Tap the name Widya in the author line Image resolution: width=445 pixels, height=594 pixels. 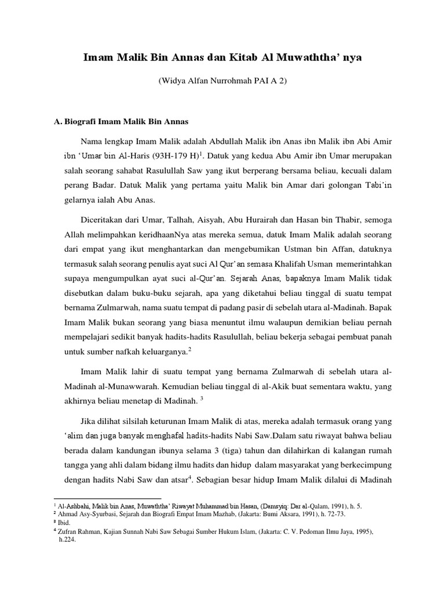pos(172,81)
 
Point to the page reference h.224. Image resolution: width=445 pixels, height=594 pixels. pos(67,538)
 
